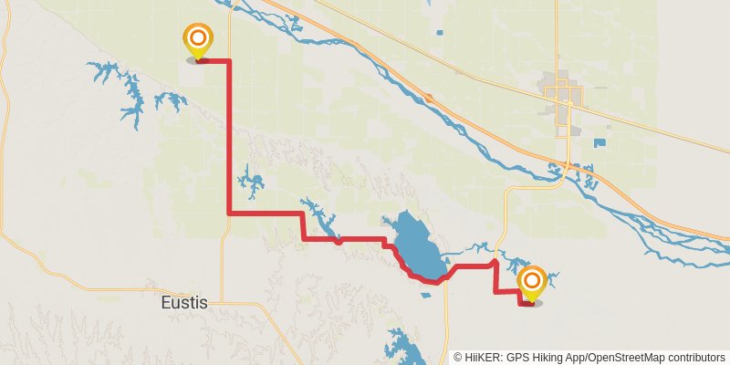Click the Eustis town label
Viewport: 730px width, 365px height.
[x=182, y=301]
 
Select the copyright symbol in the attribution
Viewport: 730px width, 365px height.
[x=458, y=357]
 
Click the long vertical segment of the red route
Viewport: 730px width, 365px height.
[x=228, y=137]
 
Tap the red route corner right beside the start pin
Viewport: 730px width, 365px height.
[x=228, y=61]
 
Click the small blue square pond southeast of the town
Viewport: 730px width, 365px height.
[x=600, y=142]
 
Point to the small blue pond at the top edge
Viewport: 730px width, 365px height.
[x=439, y=34]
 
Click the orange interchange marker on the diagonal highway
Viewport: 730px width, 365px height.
[x=427, y=97]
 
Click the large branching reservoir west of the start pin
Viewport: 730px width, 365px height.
[x=128, y=91]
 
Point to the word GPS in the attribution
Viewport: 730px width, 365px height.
[x=516, y=357]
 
